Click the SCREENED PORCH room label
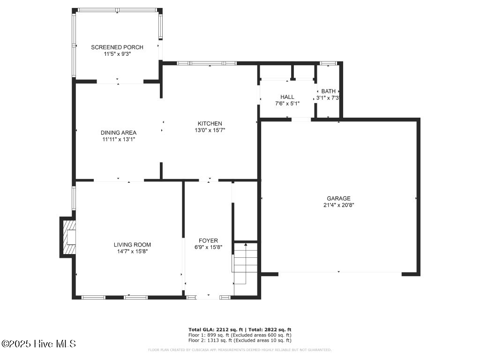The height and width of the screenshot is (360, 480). point(117,47)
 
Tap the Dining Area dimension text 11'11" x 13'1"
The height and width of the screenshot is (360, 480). point(118,139)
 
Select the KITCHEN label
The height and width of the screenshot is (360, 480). point(210,124)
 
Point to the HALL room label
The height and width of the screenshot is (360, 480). point(287,97)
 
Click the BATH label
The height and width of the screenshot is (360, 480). point(328,91)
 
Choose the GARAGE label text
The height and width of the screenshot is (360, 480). point(338,198)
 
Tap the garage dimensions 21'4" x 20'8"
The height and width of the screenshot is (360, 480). point(338,205)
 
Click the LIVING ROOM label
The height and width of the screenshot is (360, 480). point(132,245)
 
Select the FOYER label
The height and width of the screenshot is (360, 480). point(209,241)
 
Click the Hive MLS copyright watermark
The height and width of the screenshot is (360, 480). point(38,344)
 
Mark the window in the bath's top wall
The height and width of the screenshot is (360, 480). point(328,63)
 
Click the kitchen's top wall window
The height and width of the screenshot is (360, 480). point(207,63)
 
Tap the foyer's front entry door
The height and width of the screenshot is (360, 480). point(208,297)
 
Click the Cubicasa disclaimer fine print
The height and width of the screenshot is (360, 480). point(240,350)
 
